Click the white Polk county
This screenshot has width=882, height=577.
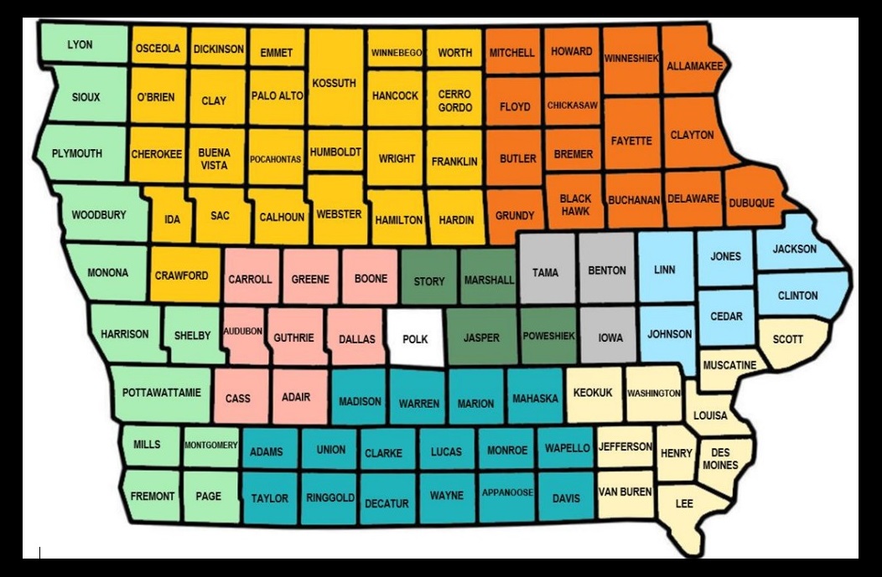[x=415, y=339]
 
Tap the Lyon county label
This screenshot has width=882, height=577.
[x=80, y=44]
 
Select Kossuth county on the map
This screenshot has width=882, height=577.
[x=334, y=83]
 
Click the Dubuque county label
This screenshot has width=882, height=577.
[x=751, y=203]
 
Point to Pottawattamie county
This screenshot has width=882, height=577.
[x=162, y=392]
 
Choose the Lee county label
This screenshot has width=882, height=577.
[x=684, y=503]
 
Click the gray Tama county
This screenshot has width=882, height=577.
[x=546, y=272]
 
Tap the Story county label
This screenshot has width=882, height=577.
[x=429, y=281]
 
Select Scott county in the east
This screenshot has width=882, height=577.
[x=787, y=339]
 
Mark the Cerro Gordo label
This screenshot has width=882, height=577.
[x=454, y=100]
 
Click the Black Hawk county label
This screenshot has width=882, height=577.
[x=576, y=204]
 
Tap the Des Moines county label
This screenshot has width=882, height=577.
[x=720, y=459]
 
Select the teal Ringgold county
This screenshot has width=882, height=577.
[x=330, y=497]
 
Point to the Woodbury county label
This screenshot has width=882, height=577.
[x=99, y=215]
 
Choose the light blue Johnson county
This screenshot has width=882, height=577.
[x=670, y=334]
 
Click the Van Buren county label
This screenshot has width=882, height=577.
[x=625, y=492]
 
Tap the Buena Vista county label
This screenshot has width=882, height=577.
[x=214, y=159]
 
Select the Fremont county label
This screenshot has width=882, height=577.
[x=153, y=496]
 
